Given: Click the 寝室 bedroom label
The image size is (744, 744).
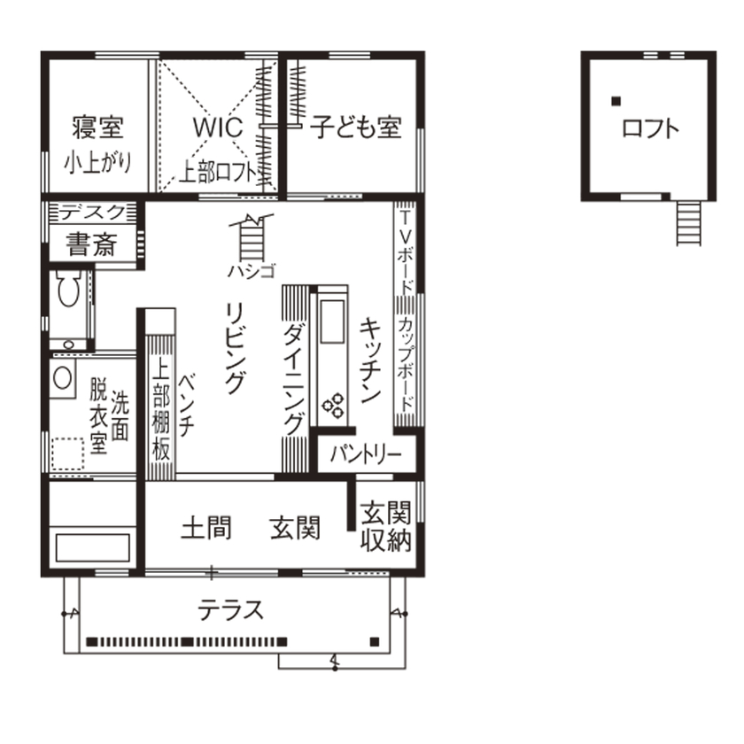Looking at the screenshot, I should tap(97, 128).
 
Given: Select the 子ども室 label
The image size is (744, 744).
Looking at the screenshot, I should tap(355, 128).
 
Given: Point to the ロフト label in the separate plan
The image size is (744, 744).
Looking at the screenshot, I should tap(651, 128).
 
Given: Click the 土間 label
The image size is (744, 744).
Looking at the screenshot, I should tap(206, 529).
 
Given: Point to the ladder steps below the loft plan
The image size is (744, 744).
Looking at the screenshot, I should tap(689, 222).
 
